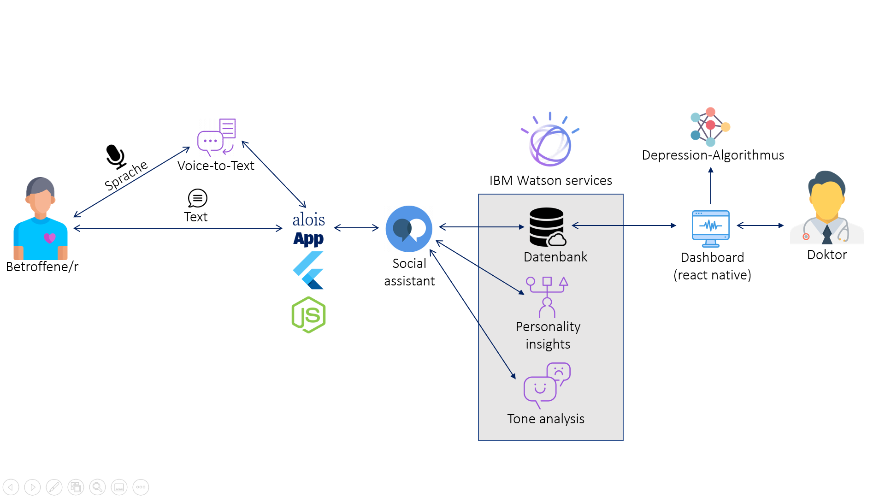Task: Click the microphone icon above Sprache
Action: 116,157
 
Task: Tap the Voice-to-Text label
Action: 216,166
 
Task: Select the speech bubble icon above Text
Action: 197,198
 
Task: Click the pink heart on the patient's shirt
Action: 49,238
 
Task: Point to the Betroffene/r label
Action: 42,267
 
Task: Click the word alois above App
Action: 309,219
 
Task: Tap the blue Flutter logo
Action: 308,270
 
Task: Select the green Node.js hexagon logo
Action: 309,315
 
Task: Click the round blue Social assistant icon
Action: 409,229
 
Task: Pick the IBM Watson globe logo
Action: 550,139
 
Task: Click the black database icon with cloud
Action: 548,227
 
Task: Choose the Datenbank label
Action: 555,257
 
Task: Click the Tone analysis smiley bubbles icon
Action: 547,385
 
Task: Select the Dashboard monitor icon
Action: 711,229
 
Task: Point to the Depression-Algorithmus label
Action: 713,155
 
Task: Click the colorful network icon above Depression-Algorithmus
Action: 710,127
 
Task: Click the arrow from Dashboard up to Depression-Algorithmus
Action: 711,186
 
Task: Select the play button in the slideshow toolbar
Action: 32,487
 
